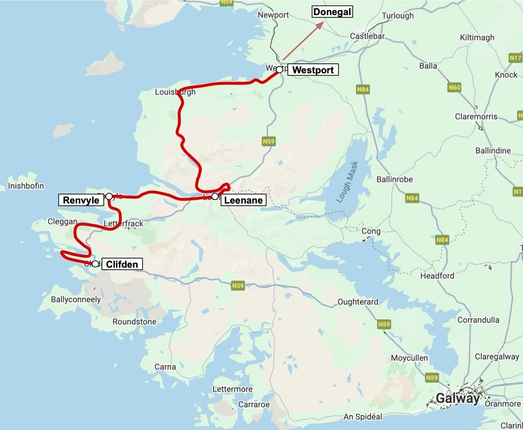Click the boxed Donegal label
[x=332, y=12]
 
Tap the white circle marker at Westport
[x=279, y=70]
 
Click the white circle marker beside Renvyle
[x=109, y=197]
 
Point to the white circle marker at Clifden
[x=95, y=264]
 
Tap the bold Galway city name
[x=457, y=399]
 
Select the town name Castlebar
[x=367, y=36]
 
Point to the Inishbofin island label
[x=26, y=186]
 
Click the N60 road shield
[x=454, y=87]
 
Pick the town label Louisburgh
[x=175, y=92]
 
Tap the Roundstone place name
[x=134, y=322]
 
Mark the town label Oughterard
[x=358, y=302]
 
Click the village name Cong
[x=371, y=231]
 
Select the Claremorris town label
[x=476, y=117]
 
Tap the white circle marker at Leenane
[x=215, y=197]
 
